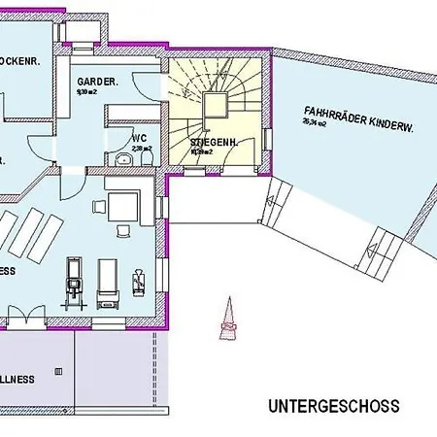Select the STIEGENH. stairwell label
point(208,142)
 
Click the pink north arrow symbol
point(228,319)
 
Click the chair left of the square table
point(99,205)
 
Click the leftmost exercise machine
point(72,282)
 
